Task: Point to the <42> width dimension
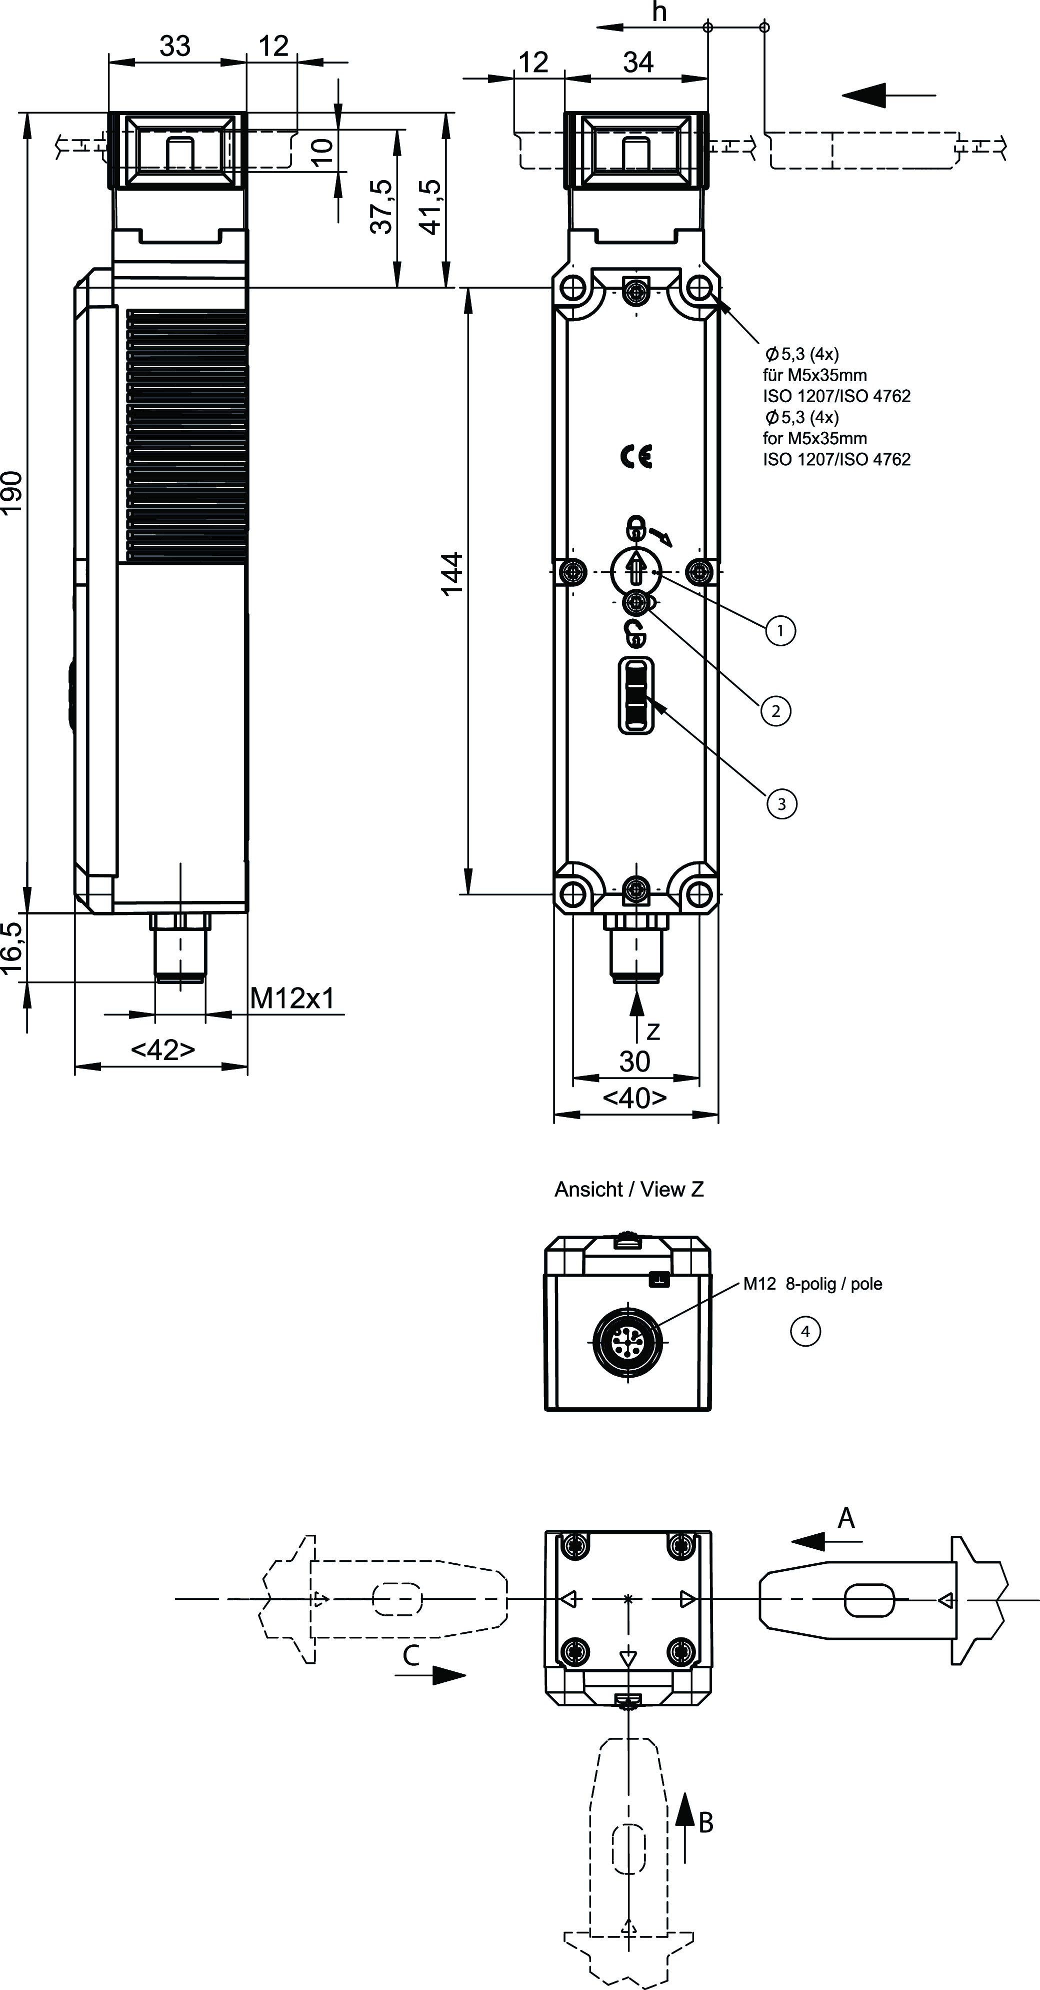point(163,1050)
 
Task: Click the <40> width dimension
point(634,1097)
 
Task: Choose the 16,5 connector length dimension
point(13,948)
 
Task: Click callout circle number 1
point(780,630)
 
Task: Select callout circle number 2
point(776,711)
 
